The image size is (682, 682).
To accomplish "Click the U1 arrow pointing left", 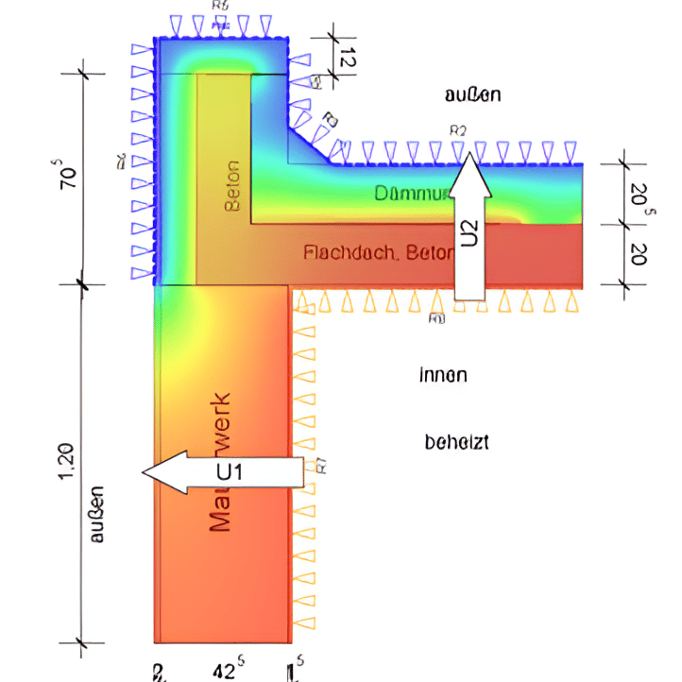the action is click(x=223, y=471).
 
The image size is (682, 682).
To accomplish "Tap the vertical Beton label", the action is click(x=232, y=186).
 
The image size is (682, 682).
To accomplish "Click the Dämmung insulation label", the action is click(x=410, y=195).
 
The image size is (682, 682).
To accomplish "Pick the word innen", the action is click(x=443, y=375).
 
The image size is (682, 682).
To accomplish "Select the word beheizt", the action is click(x=457, y=441).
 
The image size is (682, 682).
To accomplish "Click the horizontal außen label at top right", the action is click(x=472, y=94).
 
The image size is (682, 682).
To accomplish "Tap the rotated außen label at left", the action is click(x=96, y=515).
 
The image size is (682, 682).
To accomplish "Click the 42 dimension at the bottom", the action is click(x=223, y=670).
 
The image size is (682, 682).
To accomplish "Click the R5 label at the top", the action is click(x=220, y=6).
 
